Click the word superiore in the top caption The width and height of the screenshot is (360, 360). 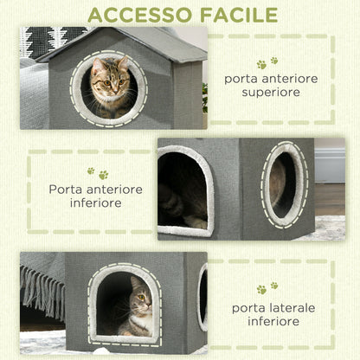pos(271,92)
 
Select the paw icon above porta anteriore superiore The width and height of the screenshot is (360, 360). pos(267,62)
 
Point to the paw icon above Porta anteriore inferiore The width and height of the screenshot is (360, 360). pos(96,173)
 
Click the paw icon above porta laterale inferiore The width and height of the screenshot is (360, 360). pos(267,287)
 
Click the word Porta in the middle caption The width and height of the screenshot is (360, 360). pos(66,189)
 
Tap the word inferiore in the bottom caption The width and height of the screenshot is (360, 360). pos(271,322)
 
